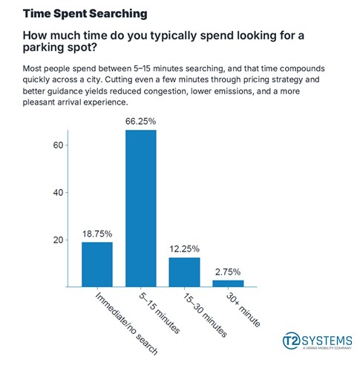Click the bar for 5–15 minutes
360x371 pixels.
tap(141, 209)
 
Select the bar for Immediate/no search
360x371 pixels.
tap(97, 264)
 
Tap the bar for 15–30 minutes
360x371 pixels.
tap(185, 272)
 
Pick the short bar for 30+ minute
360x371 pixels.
tap(229, 283)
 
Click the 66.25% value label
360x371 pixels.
tap(141, 121)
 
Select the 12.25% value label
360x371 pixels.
tap(185, 249)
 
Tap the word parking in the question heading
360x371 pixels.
tap(49, 50)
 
